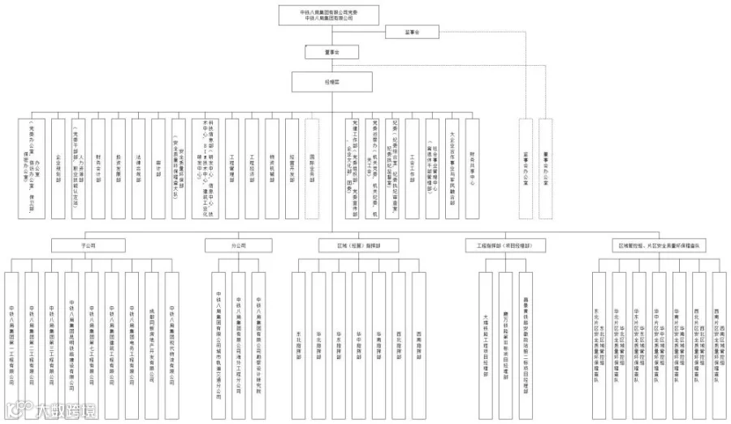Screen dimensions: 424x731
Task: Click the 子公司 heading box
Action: click(x=89, y=244)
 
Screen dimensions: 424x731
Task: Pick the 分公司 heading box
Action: click(x=238, y=244)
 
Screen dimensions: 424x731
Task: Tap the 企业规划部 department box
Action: click(x=58, y=167)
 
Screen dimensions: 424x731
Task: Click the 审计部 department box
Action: click(x=157, y=167)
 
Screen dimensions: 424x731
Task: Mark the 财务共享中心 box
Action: click(x=472, y=167)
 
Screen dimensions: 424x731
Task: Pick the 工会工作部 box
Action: click(x=413, y=167)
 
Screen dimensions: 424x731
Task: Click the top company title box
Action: click(x=329, y=14)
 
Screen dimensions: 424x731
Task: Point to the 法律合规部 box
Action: click(x=137, y=167)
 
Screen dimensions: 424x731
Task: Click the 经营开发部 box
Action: click(x=291, y=167)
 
